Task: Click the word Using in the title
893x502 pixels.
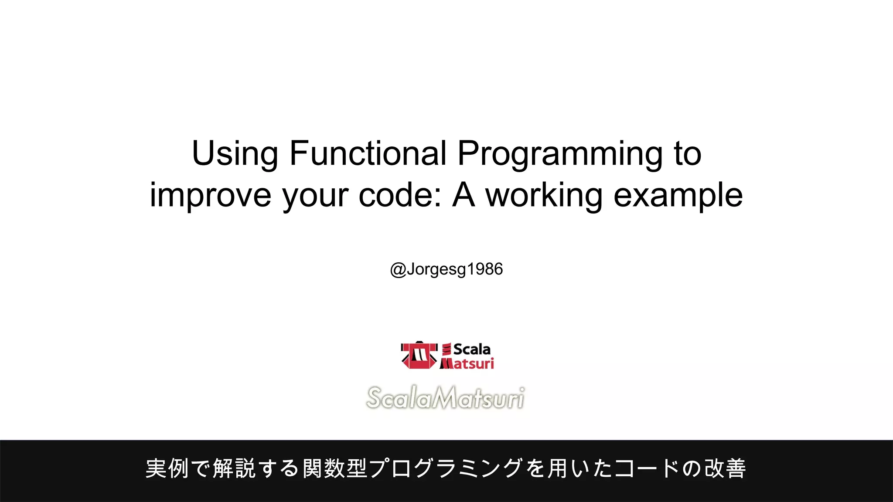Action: coord(235,154)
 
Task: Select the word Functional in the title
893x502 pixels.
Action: coord(368,154)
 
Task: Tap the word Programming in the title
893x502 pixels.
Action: coord(559,154)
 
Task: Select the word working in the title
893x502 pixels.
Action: coord(544,195)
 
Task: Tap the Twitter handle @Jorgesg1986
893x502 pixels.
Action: coord(446,269)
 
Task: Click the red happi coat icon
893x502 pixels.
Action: coord(419,355)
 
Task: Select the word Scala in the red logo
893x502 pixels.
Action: coord(471,349)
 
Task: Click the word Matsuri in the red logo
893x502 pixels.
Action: coord(467,363)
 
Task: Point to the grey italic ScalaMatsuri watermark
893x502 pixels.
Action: coord(445,397)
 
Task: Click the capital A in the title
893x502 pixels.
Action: coord(463,195)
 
